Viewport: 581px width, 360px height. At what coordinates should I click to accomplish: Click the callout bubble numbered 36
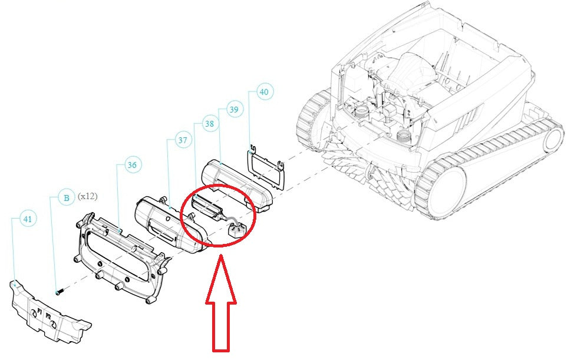click(x=132, y=165)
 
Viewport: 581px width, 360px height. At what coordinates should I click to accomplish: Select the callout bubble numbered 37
click(x=183, y=140)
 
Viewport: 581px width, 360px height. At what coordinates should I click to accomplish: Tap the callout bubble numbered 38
click(x=209, y=124)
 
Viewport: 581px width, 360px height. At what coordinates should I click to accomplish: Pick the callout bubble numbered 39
click(x=234, y=109)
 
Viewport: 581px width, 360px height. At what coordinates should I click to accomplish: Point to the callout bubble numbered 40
click(x=264, y=91)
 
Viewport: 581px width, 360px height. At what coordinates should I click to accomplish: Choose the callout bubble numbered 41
click(x=28, y=219)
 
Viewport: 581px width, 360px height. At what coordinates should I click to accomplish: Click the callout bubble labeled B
click(x=67, y=198)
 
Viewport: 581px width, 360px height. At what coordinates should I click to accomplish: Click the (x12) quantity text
click(x=88, y=196)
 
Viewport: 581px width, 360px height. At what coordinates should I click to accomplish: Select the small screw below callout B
click(x=60, y=292)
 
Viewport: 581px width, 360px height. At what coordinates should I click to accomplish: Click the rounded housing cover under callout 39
click(x=237, y=186)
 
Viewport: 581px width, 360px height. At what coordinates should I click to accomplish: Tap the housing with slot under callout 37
click(x=169, y=224)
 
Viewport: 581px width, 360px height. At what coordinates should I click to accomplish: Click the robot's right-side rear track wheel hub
click(x=553, y=140)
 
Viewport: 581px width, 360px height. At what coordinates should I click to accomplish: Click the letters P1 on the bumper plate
click(x=39, y=310)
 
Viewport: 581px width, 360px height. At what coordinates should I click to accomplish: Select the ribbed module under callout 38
click(x=207, y=207)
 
